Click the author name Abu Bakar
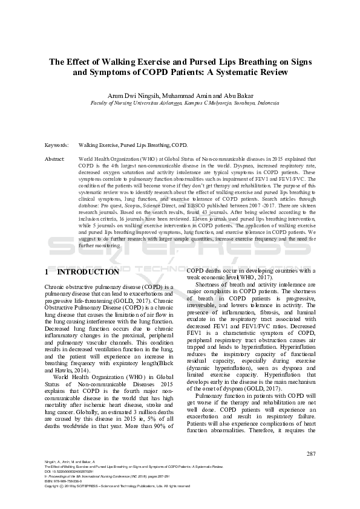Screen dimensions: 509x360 [x=224, y=96]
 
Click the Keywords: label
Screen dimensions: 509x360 [x=56, y=146]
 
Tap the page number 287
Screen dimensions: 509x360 [x=312, y=453]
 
